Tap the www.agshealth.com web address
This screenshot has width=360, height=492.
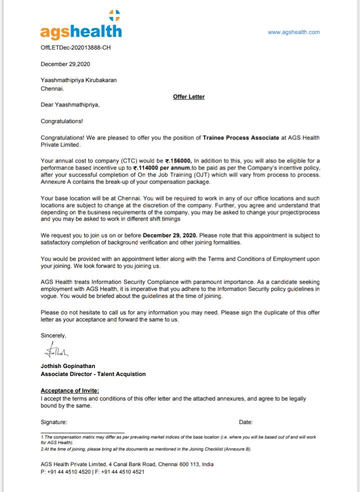[x=293, y=32]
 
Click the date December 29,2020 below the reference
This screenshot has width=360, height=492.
[x=65, y=64]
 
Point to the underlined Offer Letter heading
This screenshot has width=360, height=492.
[x=188, y=96]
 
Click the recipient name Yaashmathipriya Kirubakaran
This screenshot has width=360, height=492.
[x=78, y=80]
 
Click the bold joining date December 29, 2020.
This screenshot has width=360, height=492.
[x=170, y=235]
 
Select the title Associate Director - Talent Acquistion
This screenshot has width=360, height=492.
[x=93, y=374]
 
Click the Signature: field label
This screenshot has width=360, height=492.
[x=53, y=422]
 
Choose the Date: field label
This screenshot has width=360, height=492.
[x=245, y=422]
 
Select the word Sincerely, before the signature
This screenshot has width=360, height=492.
[x=53, y=335]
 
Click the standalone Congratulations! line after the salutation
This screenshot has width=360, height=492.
[x=61, y=121]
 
